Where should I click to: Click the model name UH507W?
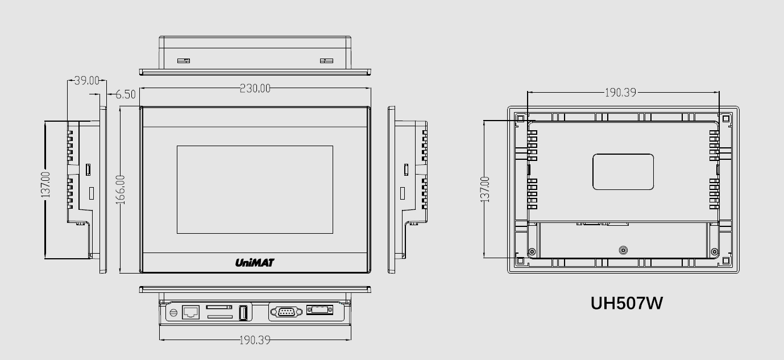(627, 303)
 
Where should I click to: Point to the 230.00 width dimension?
(255, 88)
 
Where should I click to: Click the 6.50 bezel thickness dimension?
(126, 94)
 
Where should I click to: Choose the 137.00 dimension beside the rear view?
(485, 189)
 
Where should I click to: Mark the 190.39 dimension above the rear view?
(620, 92)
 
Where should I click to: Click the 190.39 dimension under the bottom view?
(254, 340)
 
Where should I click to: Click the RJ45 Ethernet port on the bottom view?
(190, 312)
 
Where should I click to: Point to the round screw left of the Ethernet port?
(173, 313)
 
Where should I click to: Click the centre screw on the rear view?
(623, 250)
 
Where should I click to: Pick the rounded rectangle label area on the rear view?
(623, 172)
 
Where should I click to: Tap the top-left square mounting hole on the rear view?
(520, 119)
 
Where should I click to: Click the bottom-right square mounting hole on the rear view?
(726, 260)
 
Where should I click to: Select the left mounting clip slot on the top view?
(183, 60)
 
